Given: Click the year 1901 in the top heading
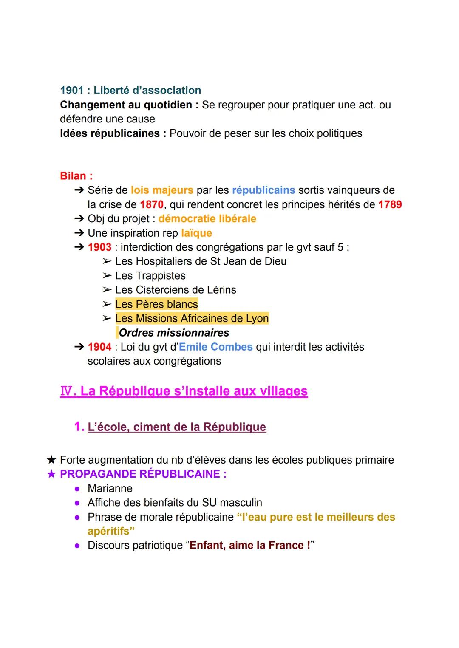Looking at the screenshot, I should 72,91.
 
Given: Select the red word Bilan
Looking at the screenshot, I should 74,176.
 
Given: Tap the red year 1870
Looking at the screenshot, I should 151,204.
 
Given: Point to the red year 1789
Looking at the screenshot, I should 390,204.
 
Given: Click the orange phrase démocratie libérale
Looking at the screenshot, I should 207,219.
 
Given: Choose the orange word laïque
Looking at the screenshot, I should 196,233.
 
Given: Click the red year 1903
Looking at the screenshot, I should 99,247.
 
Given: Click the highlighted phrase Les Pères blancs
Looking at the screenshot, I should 156,304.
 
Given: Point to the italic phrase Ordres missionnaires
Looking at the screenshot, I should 174,333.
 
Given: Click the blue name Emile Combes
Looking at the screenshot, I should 216,347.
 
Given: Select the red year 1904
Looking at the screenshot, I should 99,347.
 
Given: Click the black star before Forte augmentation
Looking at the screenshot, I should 51,460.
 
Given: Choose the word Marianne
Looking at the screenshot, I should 110,488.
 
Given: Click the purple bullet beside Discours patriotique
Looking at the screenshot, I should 77,546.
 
